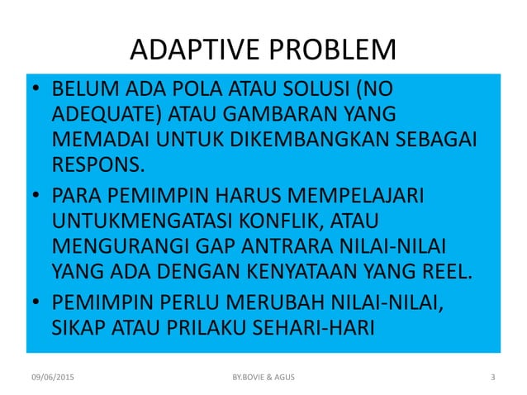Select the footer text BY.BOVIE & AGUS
click(x=263, y=378)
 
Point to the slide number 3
click(x=493, y=378)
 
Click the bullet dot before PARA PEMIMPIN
click(x=36, y=198)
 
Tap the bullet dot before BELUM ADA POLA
click(x=36, y=88)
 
